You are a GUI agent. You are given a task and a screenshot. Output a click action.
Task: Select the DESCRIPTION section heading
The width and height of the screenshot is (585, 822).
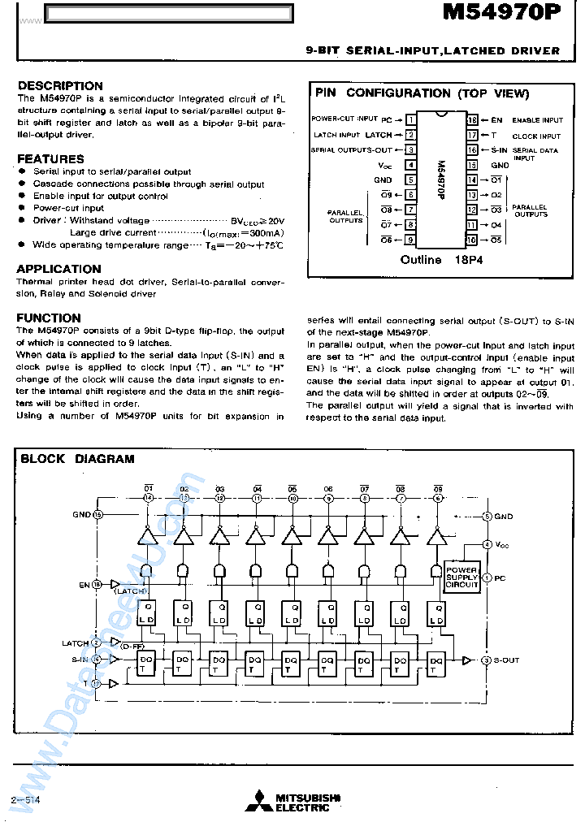point(60,85)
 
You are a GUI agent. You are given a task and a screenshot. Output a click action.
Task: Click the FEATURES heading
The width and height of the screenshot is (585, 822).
point(50,158)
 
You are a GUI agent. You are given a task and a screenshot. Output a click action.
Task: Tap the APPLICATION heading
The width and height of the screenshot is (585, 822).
point(59,269)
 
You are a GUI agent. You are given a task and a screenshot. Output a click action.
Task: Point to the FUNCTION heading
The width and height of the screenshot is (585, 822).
point(49,318)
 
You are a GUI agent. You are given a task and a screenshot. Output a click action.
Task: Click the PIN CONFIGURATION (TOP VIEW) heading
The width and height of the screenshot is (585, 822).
point(422,93)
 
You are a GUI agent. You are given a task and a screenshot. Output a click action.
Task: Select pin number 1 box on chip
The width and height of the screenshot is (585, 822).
point(411,120)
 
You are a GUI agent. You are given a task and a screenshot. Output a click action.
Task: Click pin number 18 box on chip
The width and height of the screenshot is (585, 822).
point(471,120)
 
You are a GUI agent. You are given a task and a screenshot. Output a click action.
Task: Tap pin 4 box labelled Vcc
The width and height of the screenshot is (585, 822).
point(411,165)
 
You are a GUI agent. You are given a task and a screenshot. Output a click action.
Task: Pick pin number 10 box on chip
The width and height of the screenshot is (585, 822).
point(471,240)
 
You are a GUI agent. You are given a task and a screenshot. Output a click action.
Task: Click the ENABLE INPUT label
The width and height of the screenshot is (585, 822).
point(538,120)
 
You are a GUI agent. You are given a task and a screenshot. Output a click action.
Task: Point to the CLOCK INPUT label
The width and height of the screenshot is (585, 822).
point(536,136)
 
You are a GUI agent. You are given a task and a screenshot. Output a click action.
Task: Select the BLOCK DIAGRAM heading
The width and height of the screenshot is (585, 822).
point(77,459)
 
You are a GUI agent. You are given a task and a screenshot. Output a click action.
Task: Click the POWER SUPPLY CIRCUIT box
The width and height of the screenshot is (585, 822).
point(461,578)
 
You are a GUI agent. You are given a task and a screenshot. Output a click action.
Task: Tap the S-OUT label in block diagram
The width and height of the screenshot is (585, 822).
point(505,660)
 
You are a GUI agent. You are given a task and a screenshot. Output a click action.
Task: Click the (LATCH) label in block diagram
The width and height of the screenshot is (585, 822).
point(130,591)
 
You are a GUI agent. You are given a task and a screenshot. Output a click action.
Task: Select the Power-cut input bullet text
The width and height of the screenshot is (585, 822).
point(68,209)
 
